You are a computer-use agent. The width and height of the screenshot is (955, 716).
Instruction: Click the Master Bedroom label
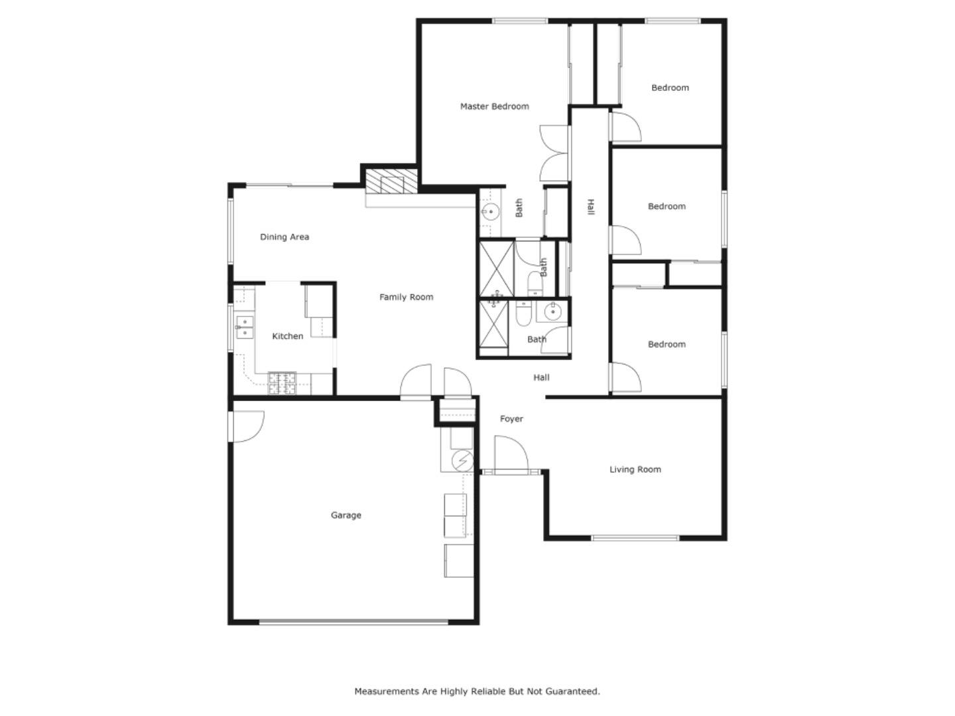[x=494, y=106]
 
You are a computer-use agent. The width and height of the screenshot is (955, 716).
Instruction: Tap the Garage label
[x=346, y=515]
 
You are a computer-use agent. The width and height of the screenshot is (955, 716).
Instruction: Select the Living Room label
[x=635, y=469]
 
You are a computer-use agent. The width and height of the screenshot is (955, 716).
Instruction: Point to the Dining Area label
[x=284, y=237]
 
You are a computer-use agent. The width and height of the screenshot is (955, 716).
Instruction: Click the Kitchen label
[x=287, y=336]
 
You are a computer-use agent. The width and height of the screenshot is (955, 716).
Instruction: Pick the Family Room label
[x=406, y=297]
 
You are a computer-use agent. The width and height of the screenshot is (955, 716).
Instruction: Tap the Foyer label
[x=511, y=419]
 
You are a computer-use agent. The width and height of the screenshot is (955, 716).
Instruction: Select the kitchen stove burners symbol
[x=284, y=383]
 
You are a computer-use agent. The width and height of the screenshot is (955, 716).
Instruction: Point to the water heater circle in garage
[x=463, y=459]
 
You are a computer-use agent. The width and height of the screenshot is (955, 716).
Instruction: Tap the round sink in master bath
[x=491, y=212]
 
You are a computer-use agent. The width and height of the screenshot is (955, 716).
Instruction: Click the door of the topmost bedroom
[x=625, y=127]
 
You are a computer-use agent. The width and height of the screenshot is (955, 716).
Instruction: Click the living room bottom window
[x=635, y=538]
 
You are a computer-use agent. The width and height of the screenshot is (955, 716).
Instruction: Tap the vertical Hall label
[x=590, y=208]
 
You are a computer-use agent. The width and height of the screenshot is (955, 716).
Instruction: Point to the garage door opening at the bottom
[x=353, y=622]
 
